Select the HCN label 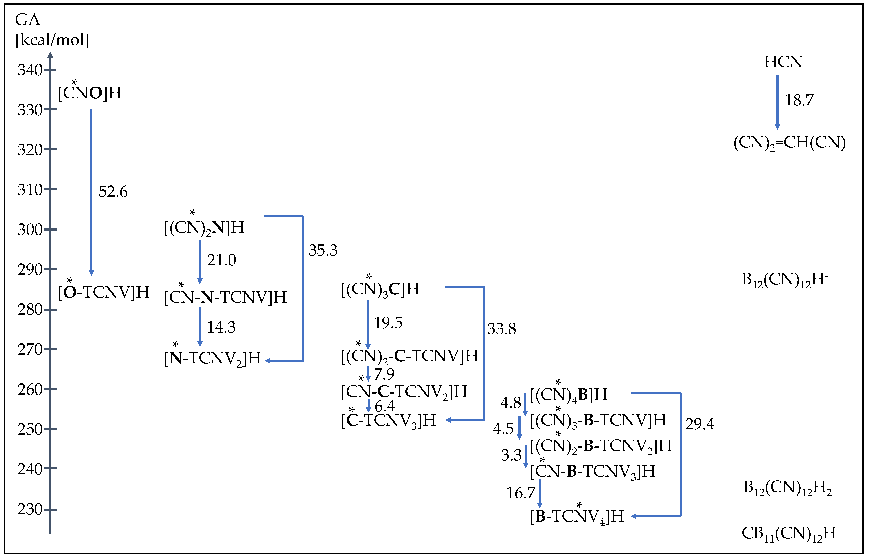[783, 62]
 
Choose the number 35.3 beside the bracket [323, 250]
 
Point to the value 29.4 [700, 424]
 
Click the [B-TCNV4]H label [577, 516]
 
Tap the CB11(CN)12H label [789, 533]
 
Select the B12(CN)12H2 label [787, 488]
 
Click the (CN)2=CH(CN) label [789, 143]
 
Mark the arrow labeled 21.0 [200, 261]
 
